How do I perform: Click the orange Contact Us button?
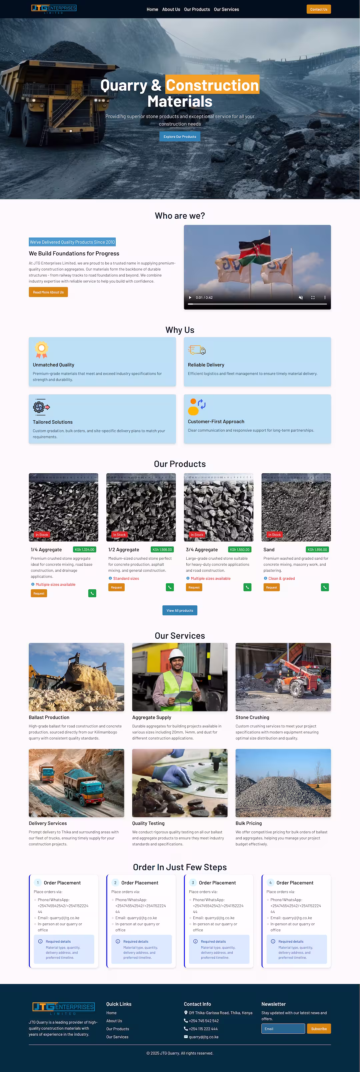318,9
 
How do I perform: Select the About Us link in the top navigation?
171,9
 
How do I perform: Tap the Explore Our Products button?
180,136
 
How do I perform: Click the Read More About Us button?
48,292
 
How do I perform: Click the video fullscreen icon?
313,298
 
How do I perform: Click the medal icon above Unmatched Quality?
41,350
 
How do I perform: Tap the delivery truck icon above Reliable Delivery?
197,350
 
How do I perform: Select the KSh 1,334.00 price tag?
84,549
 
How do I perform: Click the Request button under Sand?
271,587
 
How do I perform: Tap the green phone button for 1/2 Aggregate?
170,587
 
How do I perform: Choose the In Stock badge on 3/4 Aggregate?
197,535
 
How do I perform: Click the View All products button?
180,610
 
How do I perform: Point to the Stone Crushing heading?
252,717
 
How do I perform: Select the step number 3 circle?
193,883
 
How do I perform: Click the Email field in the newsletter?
283,1029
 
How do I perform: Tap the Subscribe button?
319,1029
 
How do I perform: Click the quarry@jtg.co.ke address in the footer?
204,1037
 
